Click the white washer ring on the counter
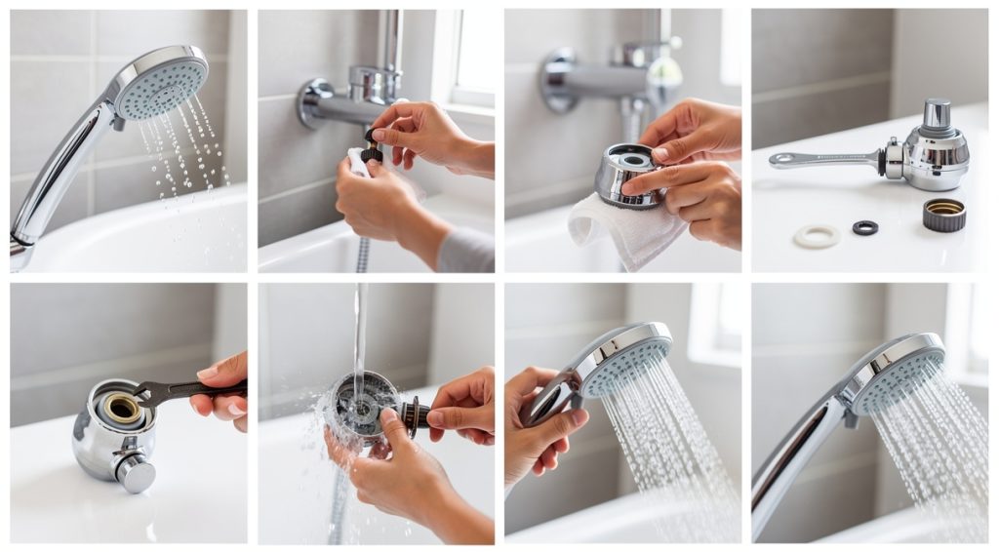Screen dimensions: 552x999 [x=816, y=235]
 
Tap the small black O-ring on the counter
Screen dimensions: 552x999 [x=864, y=227]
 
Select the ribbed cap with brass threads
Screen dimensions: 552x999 [x=943, y=214]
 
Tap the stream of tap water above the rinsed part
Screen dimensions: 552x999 [x=359, y=332]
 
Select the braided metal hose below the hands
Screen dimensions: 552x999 [x=363, y=254]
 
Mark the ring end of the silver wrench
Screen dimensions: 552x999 [x=781, y=160]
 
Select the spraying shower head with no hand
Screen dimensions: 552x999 [x=893, y=375]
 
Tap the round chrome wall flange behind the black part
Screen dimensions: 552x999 [x=318, y=101]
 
